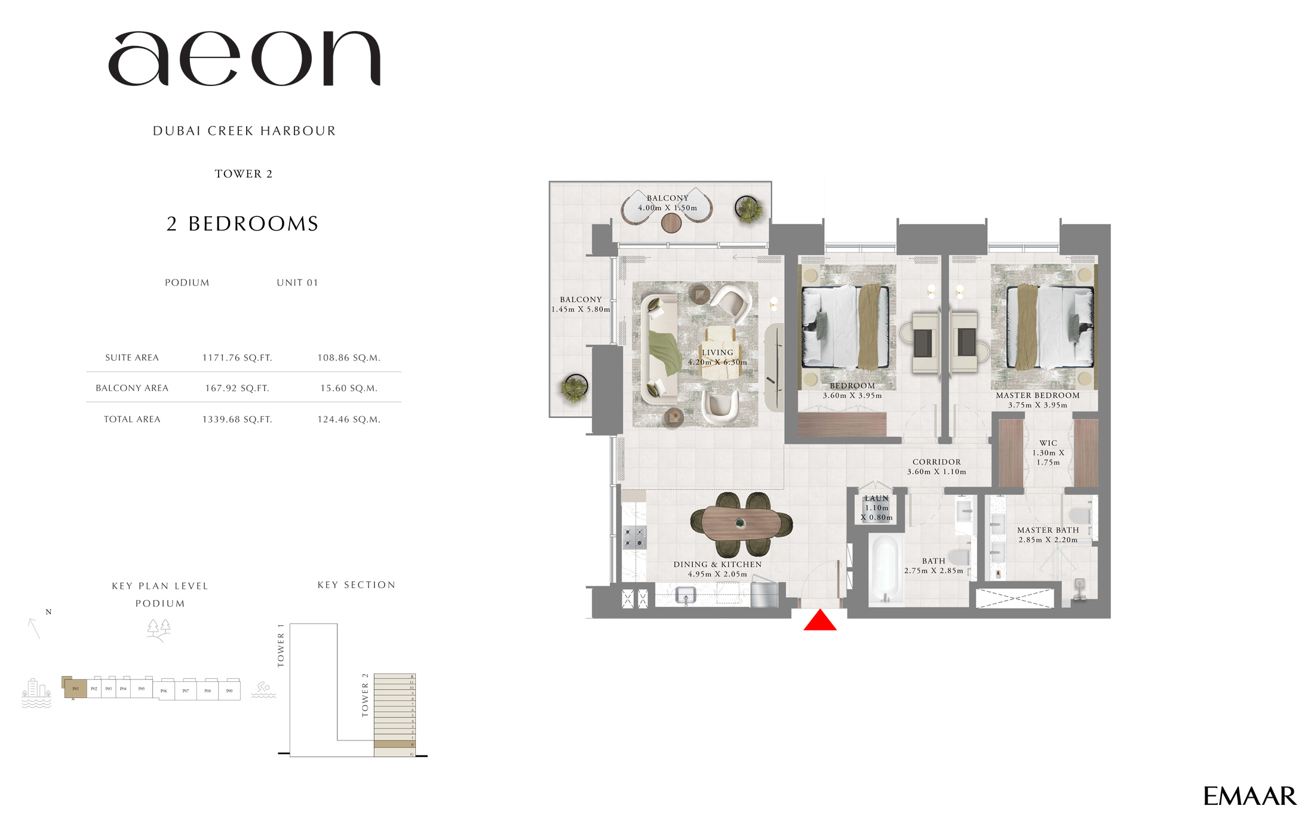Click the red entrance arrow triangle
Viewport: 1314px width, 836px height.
pyautogui.click(x=820, y=622)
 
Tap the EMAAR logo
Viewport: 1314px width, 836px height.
pyautogui.click(x=1249, y=796)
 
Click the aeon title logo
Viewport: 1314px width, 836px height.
pyautogui.click(x=244, y=59)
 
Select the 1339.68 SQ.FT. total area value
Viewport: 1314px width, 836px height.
pyautogui.click(x=237, y=419)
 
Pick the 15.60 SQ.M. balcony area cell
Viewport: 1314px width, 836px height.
pyautogui.click(x=349, y=388)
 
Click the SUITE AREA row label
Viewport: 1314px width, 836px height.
pyautogui.click(x=132, y=358)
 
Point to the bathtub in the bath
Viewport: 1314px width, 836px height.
pyautogui.click(x=885, y=568)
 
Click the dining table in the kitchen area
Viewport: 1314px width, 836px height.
pyautogui.click(x=741, y=524)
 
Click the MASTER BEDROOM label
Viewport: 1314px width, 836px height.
pyautogui.click(x=1037, y=395)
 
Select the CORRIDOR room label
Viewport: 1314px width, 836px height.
pyautogui.click(x=937, y=462)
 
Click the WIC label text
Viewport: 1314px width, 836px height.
pyautogui.click(x=1048, y=443)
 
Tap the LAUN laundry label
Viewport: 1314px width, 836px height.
pyautogui.click(x=876, y=499)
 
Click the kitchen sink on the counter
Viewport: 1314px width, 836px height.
pyautogui.click(x=686, y=595)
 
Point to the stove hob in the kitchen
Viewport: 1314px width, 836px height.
pyautogui.click(x=634, y=537)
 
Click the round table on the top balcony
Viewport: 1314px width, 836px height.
pyautogui.click(x=671, y=223)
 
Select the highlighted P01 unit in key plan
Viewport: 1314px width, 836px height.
pyautogui.click(x=76, y=689)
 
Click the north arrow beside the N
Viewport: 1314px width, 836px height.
pyautogui.click(x=34, y=629)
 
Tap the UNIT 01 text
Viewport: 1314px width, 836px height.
pyautogui.click(x=297, y=282)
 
